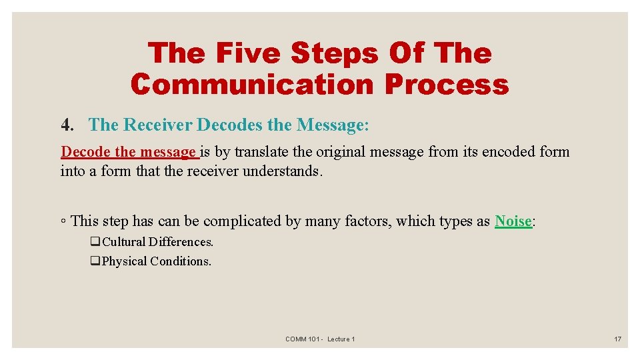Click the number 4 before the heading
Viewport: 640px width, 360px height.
pyautogui.click(x=66, y=125)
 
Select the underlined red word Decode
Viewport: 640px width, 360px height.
pyautogui.click(x=86, y=152)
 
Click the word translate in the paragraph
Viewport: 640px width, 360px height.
pyautogui.click(x=263, y=152)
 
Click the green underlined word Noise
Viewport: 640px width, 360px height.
pyautogui.click(x=513, y=221)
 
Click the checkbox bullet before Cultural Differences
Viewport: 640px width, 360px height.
pyautogui.click(x=95, y=242)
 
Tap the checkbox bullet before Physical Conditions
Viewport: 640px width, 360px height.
pyautogui.click(x=95, y=261)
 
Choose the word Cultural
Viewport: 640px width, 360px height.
pyautogui.click(x=124, y=242)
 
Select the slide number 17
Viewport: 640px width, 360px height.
pyautogui.click(x=617, y=339)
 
